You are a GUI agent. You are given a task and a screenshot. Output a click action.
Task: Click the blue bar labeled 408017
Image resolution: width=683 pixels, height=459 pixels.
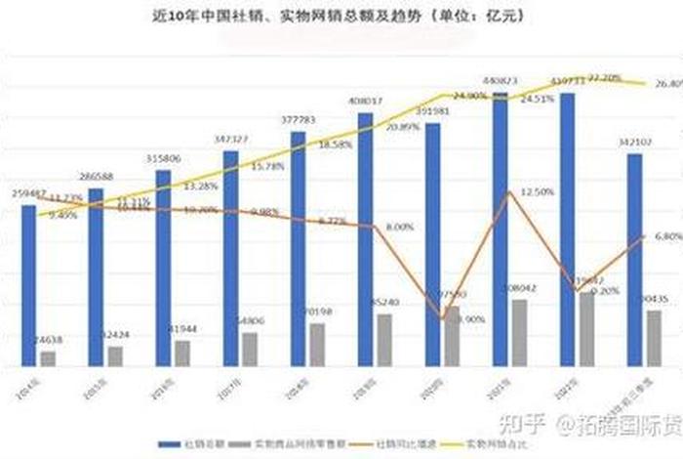365,239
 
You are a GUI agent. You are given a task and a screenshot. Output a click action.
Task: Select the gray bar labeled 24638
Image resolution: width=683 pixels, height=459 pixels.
49,358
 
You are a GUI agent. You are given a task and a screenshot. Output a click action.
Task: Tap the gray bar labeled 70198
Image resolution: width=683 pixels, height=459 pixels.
318,344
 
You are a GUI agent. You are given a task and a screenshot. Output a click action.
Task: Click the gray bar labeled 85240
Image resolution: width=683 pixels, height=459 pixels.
385,340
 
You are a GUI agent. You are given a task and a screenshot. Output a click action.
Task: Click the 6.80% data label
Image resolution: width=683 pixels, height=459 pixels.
666,236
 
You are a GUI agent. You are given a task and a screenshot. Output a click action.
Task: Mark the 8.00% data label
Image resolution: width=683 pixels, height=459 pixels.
399,227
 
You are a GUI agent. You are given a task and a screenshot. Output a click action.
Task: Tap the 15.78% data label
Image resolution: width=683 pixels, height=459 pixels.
265,167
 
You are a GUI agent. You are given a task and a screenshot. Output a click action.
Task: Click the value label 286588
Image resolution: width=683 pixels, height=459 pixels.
97,177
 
